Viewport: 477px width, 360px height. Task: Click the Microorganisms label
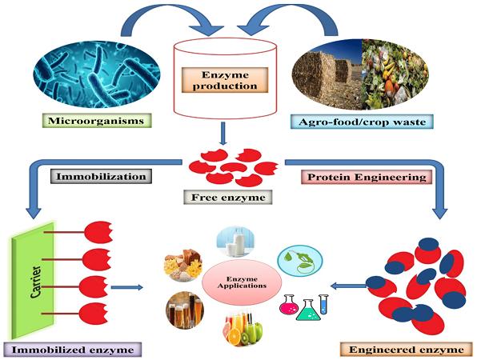click(97, 121)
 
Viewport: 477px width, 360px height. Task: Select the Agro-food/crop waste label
click(362, 122)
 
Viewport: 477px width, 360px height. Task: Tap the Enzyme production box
click(225, 80)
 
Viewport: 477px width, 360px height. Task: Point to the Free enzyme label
click(228, 198)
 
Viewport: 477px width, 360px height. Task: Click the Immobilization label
click(101, 176)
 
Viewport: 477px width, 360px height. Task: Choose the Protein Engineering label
click(367, 177)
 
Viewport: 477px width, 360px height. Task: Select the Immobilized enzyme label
click(73, 350)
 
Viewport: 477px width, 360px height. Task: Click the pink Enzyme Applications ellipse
click(242, 282)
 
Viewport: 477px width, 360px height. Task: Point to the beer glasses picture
click(185, 310)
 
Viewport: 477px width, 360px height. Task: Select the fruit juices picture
click(243, 328)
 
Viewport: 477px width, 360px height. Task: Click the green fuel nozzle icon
click(300, 261)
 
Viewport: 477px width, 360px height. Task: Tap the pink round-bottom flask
click(288, 304)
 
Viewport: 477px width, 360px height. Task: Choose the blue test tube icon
click(323, 304)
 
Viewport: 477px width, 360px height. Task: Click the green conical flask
click(308, 310)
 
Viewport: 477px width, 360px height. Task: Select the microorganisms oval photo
click(97, 75)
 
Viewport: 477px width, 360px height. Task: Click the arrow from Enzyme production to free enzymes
click(223, 134)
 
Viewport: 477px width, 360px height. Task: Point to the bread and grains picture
click(183, 263)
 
